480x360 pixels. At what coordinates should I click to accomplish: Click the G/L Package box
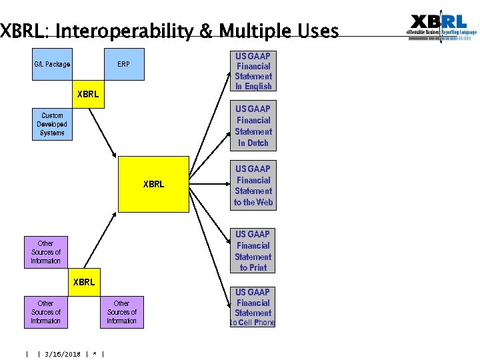[52, 65]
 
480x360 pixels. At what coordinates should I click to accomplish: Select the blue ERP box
[123, 65]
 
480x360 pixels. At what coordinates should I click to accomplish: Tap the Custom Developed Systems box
[52, 125]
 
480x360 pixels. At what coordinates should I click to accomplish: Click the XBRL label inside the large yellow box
[153, 184]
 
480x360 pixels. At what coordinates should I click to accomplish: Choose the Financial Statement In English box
[253, 71]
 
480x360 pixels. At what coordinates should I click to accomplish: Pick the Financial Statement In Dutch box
[253, 126]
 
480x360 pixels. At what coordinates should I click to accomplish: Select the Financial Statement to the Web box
[253, 186]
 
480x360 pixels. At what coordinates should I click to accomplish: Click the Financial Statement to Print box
[253, 251]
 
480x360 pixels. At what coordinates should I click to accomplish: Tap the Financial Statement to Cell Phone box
[253, 307]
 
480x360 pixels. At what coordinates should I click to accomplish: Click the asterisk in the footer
[96, 354]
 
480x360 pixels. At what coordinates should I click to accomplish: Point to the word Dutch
[258, 143]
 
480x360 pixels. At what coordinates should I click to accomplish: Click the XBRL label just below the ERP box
[87, 94]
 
